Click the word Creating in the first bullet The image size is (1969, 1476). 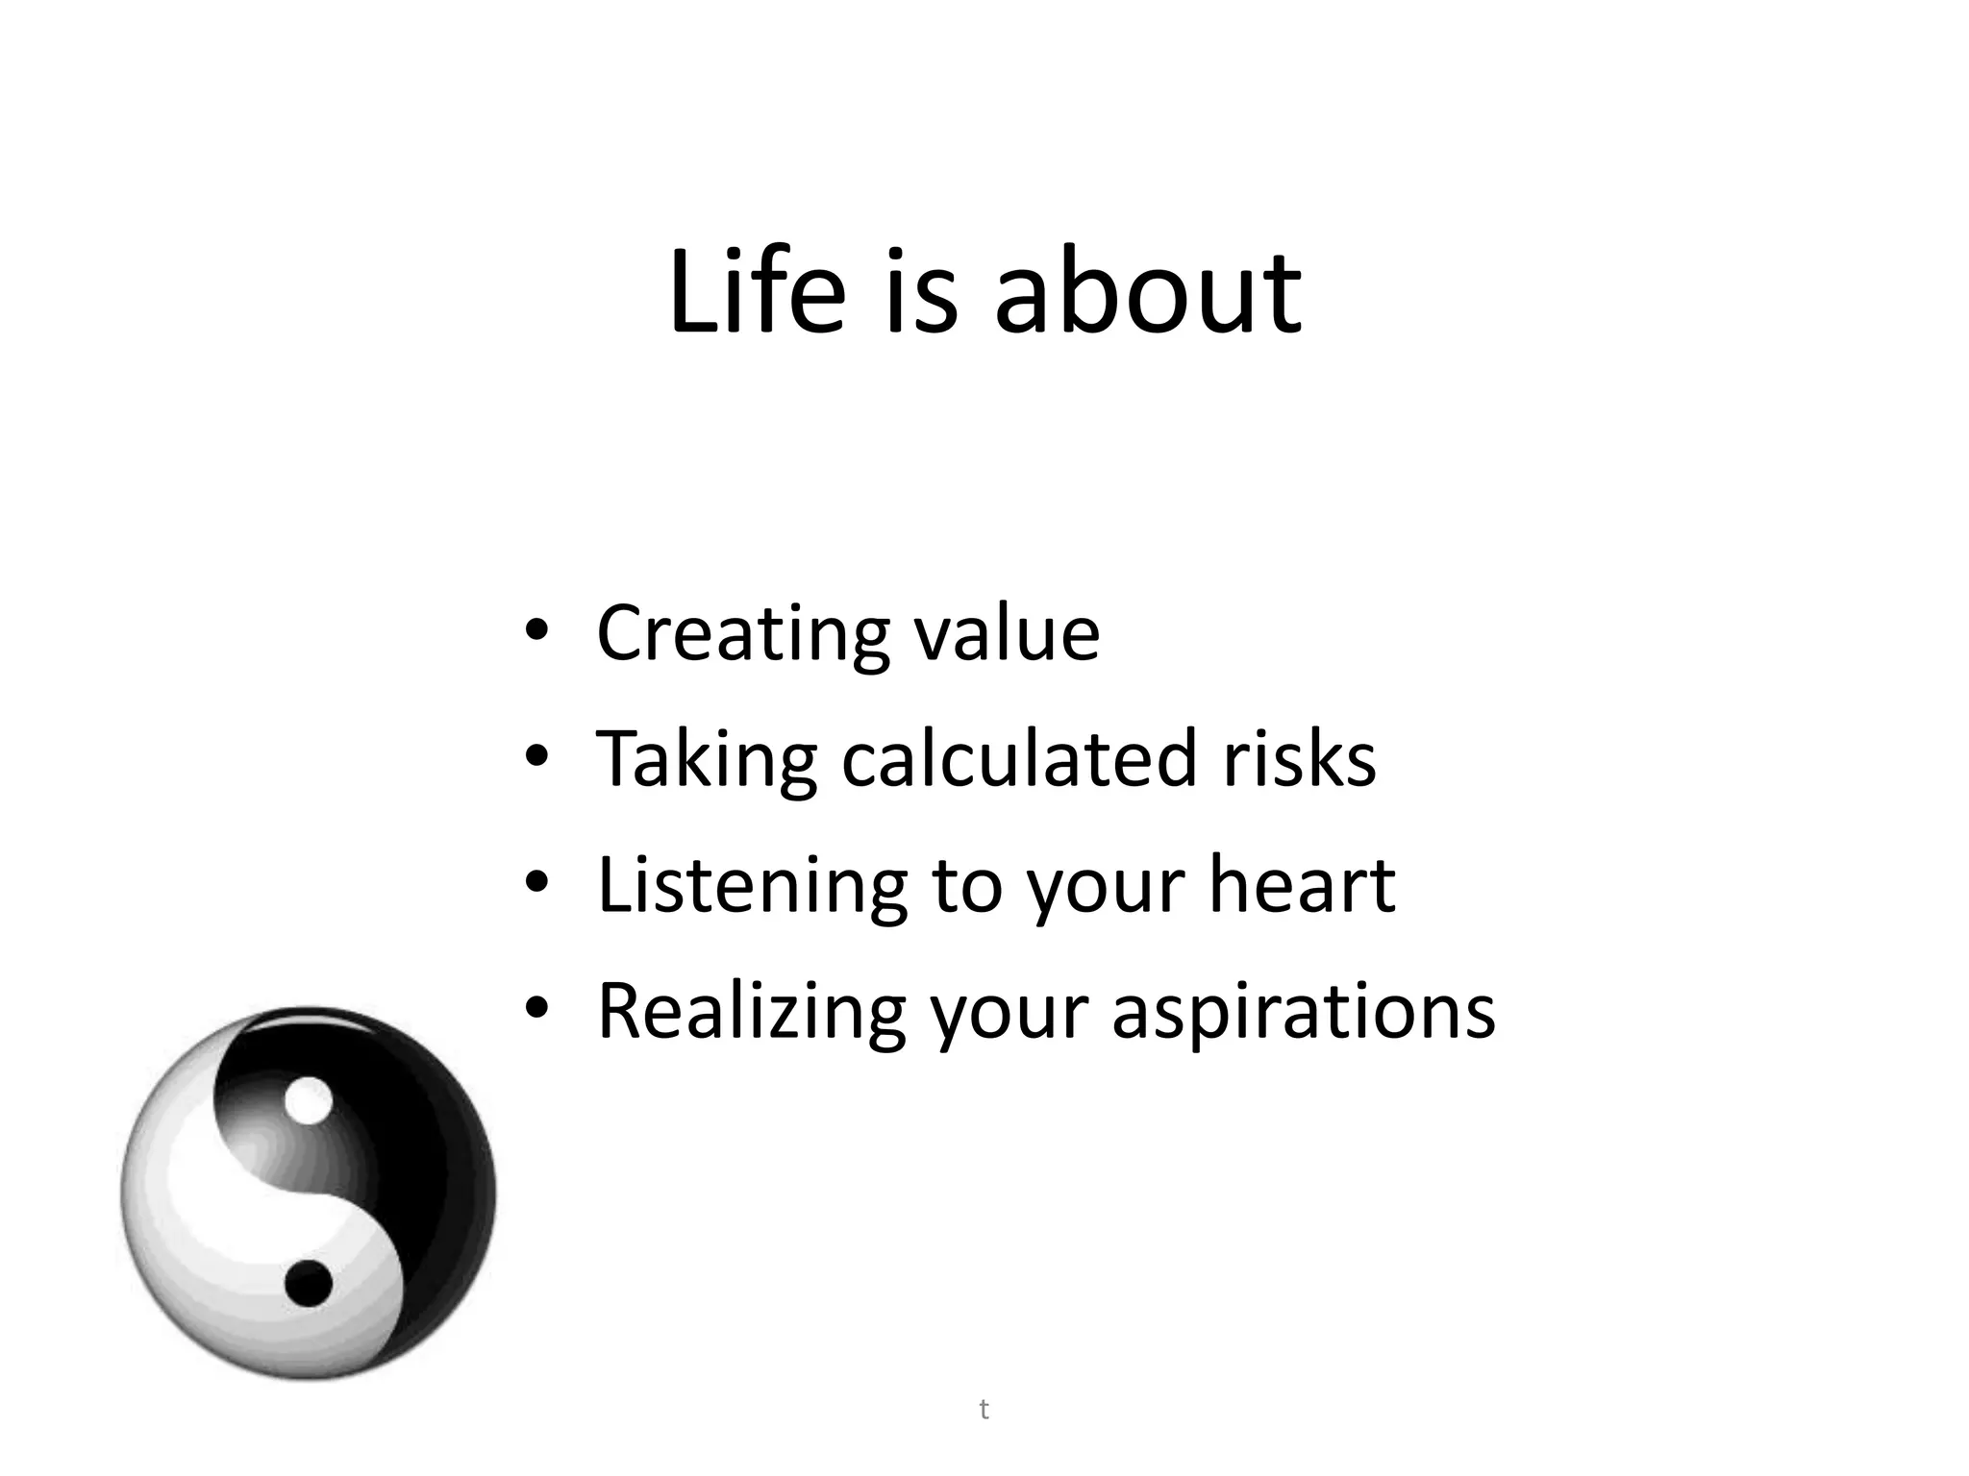(x=741, y=634)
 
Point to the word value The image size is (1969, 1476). (x=1007, y=634)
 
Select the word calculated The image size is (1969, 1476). (x=1019, y=759)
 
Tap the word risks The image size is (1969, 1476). (x=1299, y=759)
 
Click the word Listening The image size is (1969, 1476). (x=752, y=886)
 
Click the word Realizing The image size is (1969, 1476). (x=751, y=1012)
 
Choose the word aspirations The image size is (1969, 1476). (x=1304, y=1014)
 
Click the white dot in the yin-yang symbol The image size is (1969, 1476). (x=309, y=1101)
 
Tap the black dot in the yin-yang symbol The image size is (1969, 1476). (x=309, y=1282)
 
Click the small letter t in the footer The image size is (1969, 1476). (x=984, y=1410)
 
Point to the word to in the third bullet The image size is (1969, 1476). (x=967, y=886)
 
